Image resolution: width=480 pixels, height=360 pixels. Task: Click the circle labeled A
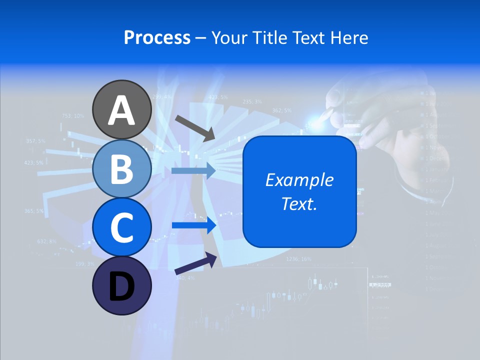[121, 109]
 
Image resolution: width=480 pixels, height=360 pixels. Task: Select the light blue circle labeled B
[121, 168]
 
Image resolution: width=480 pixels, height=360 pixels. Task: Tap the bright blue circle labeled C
[121, 227]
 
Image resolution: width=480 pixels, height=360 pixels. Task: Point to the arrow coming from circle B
[193, 170]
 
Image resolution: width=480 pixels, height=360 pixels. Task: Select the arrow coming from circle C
[194, 225]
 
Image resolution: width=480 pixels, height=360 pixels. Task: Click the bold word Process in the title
[157, 37]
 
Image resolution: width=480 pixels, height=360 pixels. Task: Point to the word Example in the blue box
[299, 180]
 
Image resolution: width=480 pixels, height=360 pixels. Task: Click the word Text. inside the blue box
[299, 203]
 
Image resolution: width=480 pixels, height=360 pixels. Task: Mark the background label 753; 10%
[72, 115]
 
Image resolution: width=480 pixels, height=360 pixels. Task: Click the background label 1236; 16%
[298, 259]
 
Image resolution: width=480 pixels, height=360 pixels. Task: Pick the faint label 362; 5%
[281, 110]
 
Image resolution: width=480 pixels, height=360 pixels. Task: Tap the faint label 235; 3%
[252, 101]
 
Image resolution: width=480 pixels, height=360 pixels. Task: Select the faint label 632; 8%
[47, 241]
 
